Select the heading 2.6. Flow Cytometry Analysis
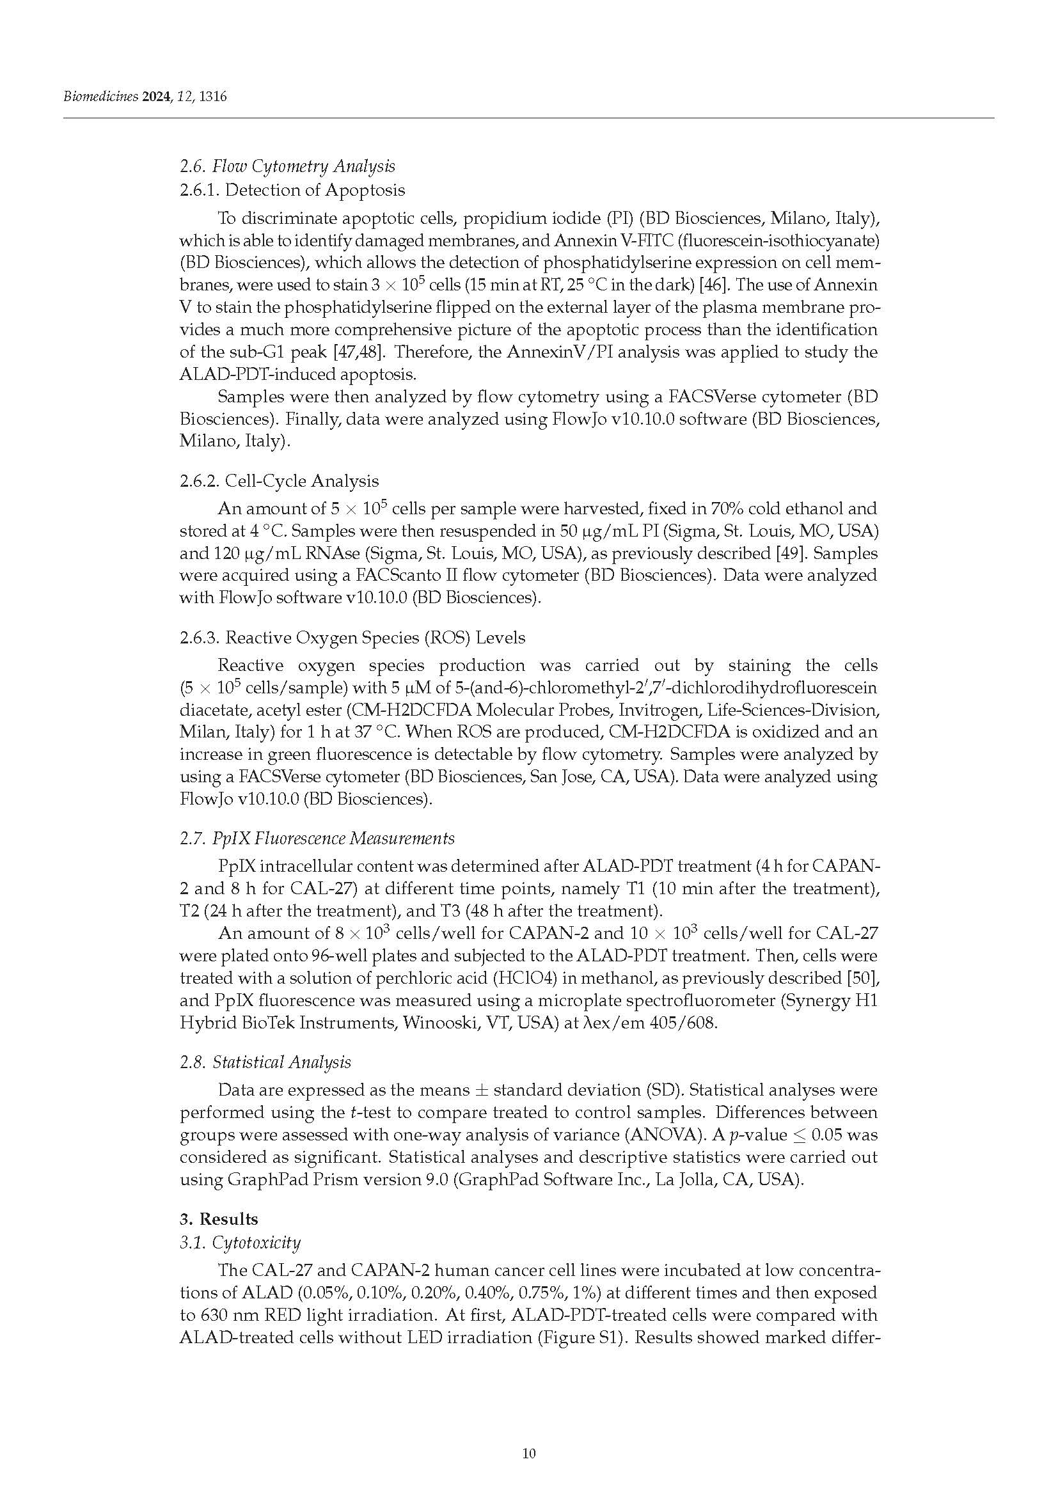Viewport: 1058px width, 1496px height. coord(287,167)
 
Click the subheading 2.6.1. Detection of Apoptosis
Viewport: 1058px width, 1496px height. coord(292,190)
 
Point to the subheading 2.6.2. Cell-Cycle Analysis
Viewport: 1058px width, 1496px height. coord(279,482)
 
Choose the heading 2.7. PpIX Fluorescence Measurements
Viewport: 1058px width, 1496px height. coord(317,838)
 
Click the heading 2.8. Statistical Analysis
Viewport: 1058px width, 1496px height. coord(265,1062)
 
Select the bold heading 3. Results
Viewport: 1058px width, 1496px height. coord(219,1219)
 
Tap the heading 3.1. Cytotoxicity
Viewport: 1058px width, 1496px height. coord(240,1243)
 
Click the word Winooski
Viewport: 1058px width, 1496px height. coord(436,1023)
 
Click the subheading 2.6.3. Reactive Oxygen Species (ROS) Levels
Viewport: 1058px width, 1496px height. coord(352,638)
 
